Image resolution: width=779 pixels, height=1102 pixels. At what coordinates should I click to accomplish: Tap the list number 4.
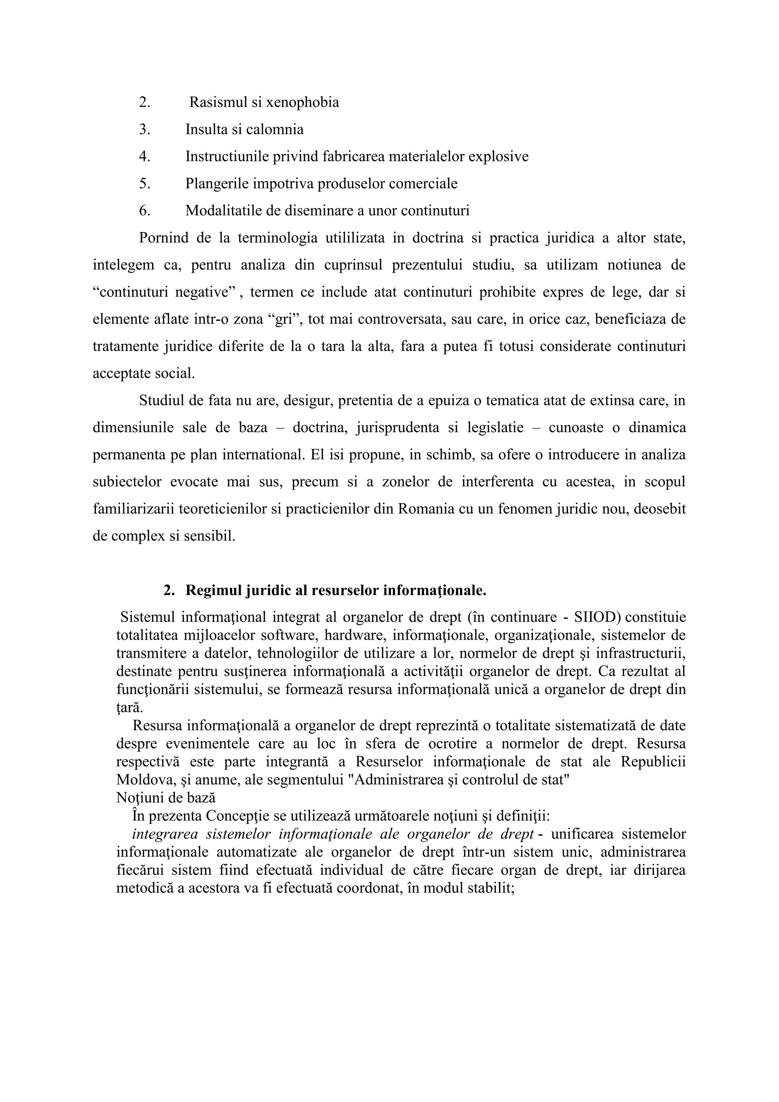(145, 156)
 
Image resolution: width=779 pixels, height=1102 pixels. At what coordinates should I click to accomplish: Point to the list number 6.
(145, 211)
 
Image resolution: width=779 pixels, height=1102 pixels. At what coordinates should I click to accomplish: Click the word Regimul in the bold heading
(213, 590)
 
